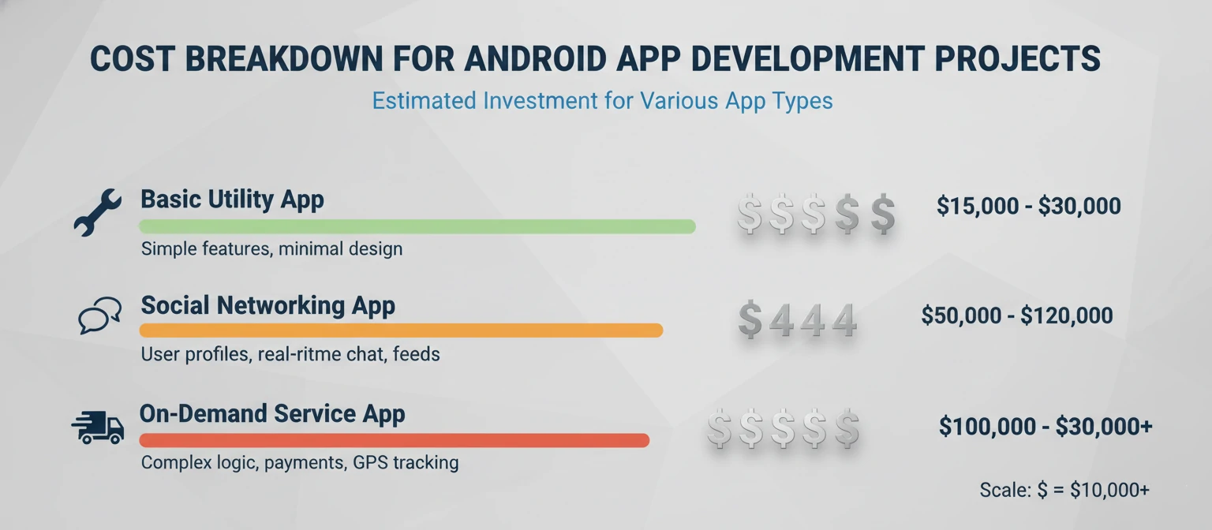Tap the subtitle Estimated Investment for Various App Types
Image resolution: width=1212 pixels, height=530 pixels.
tap(602, 102)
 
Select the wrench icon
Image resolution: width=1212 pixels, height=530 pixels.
tap(97, 212)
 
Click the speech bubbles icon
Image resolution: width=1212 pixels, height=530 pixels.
tap(100, 315)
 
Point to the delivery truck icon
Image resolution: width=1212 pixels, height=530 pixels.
tap(98, 427)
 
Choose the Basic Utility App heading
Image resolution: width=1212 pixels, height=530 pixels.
tap(232, 200)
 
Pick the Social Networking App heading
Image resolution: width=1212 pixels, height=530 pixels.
tap(267, 305)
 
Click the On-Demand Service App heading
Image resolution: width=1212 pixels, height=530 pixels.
tap(272, 414)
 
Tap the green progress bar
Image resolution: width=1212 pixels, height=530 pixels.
tap(417, 226)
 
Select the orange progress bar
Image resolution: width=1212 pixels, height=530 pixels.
tap(401, 330)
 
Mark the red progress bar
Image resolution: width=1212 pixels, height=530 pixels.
tap(394, 440)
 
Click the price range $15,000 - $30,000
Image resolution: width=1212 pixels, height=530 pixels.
tap(1028, 207)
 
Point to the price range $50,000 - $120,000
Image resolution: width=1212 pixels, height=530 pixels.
tap(1016, 316)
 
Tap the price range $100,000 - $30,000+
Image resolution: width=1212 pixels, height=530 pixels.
tap(1046, 427)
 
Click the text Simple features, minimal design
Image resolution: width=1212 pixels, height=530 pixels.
tap(271, 249)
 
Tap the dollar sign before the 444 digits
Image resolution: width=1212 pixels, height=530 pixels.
tap(750, 321)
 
